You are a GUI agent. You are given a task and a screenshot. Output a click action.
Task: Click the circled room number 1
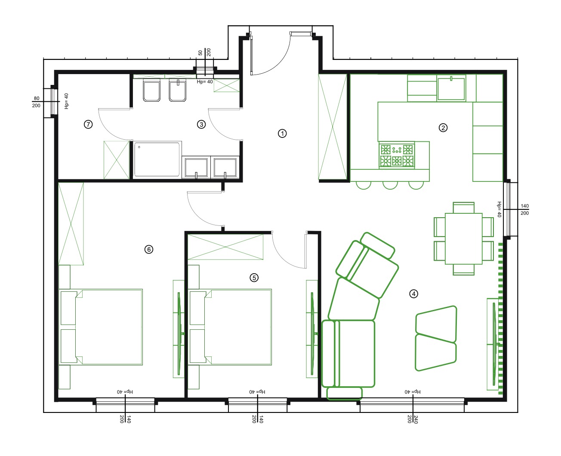(x=282, y=134)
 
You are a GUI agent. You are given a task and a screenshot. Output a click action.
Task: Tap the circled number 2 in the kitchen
(x=443, y=128)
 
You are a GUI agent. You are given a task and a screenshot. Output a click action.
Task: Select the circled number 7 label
(x=88, y=124)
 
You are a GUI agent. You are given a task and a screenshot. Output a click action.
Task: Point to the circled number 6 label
(x=149, y=250)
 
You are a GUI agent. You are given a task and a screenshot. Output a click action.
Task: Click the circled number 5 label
(x=254, y=278)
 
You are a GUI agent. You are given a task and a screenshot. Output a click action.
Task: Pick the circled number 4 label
(x=413, y=294)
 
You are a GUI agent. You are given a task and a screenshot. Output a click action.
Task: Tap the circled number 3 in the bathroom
(x=201, y=124)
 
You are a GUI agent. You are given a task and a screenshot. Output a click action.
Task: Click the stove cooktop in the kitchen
(x=397, y=155)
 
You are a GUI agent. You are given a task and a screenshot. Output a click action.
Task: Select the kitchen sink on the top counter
(x=451, y=88)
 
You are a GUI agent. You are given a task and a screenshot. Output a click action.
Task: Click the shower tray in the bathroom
(x=157, y=159)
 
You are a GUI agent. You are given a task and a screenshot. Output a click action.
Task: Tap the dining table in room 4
(x=463, y=238)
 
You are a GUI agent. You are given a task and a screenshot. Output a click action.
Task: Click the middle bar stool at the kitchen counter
(x=390, y=185)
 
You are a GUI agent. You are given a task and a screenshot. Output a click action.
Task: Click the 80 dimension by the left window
(x=36, y=98)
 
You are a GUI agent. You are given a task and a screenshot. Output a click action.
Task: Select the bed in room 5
(x=231, y=327)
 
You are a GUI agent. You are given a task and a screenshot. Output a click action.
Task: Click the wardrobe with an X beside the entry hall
(x=333, y=127)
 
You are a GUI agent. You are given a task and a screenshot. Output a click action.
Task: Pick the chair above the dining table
(x=463, y=208)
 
